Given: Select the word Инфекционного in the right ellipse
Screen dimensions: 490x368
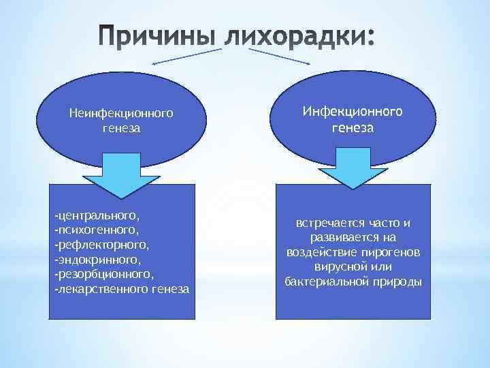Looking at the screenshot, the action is click(353, 112).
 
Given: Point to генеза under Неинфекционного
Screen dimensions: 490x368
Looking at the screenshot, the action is click(121, 127).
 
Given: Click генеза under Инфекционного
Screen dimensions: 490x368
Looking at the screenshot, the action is click(353, 127).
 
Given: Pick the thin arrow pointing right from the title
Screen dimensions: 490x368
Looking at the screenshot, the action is click(280, 57).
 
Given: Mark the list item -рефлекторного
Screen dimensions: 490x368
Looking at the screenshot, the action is click(99, 245).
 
